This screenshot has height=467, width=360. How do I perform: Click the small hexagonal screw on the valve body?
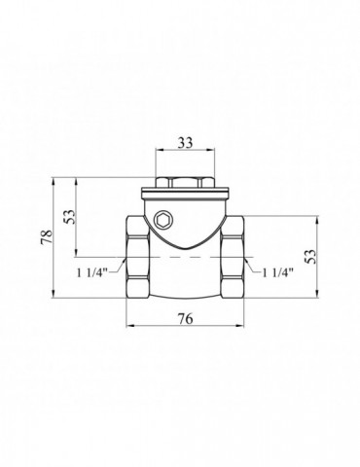click(x=162, y=217)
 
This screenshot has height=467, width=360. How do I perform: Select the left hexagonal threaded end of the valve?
click(x=135, y=259)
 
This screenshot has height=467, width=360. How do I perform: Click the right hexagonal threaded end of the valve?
click(x=234, y=259)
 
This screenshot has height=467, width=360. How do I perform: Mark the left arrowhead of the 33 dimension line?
click(x=159, y=152)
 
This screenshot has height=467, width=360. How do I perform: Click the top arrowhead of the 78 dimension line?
click(x=55, y=180)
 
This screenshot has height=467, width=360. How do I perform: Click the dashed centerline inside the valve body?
click(x=185, y=261)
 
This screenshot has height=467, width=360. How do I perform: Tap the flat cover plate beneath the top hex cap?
click(x=185, y=194)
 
